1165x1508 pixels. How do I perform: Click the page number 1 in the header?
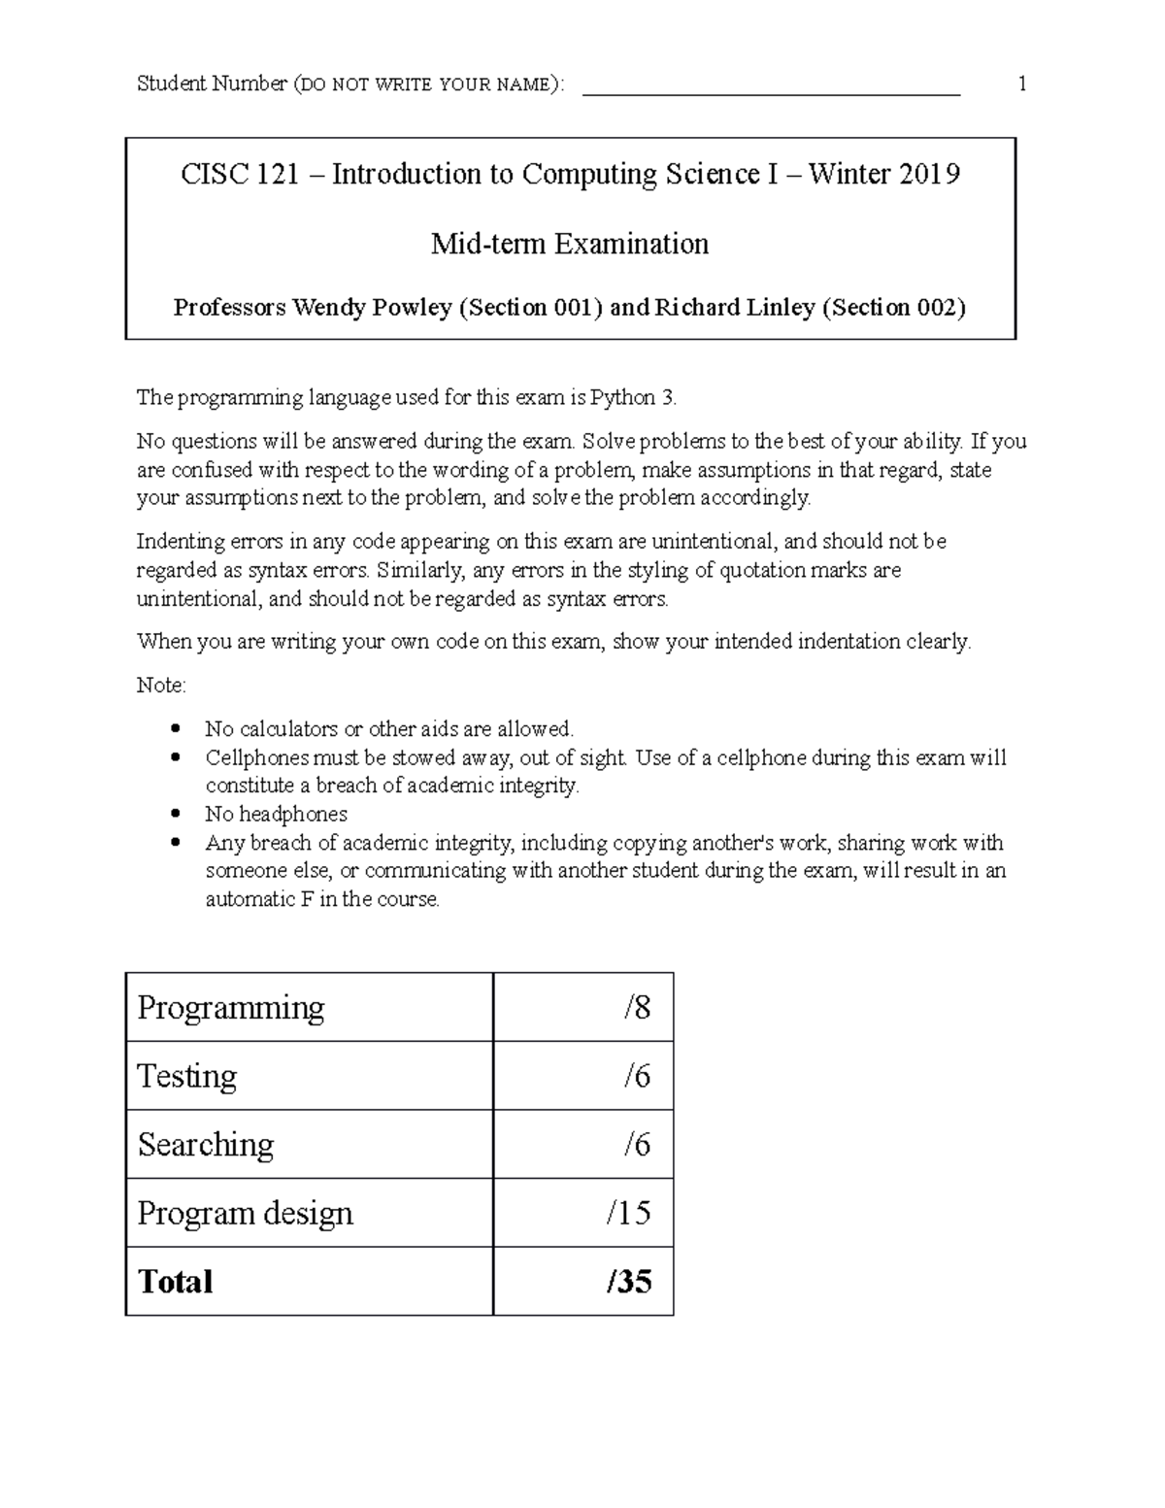coord(1021,84)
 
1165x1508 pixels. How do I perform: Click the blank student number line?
coord(770,87)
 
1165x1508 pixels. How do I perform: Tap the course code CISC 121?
coord(240,174)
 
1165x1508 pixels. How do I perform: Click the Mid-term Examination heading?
coord(570,243)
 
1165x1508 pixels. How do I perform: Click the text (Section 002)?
coord(894,308)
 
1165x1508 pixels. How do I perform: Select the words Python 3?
coord(640,397)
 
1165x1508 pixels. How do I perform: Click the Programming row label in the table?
coord(231,1008)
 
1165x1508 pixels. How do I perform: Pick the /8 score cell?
coord(637,1008)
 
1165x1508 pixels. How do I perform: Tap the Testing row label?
coord(187,1076)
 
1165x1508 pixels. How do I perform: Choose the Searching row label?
coord(206,1145)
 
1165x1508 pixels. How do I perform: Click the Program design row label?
coord(245,1213)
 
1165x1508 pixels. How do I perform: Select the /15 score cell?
coord(628,1213)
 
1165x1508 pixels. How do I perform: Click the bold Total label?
coord(175,1282)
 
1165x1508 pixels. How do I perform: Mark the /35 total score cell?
coord(628,1282)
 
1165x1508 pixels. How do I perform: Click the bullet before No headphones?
coord(175,814)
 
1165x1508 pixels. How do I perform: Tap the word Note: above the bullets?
coord(161,686)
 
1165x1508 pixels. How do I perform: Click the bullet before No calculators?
coord(175,728)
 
